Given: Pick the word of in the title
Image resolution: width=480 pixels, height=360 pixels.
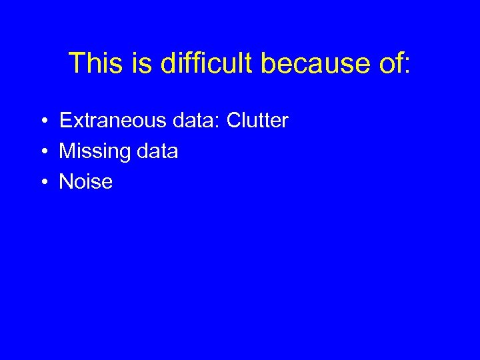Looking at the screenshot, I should [387, 63].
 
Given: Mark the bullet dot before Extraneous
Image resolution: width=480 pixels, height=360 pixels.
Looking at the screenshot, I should [41, 121].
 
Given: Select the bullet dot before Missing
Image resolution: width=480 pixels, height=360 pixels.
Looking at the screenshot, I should [41, 152].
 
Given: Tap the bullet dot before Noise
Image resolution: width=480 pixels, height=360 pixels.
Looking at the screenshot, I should [41, 183].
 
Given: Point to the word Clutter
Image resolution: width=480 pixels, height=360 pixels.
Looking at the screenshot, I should [257, 121].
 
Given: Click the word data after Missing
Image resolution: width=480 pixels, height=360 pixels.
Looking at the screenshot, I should [157, 151].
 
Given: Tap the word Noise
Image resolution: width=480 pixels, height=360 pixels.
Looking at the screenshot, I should [86, 182].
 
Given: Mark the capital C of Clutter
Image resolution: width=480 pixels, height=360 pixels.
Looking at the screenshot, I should [234, 121].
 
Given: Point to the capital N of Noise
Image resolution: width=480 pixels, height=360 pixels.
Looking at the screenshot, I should [66, 182].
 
